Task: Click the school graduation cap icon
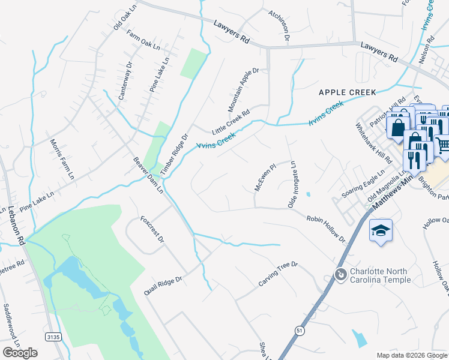[381, 231]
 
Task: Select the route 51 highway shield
[299, 331]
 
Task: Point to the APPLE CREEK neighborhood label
[347, 92]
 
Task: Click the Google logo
[20, 353]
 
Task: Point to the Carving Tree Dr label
[278, 274]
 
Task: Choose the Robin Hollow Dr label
[327, 230]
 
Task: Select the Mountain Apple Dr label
[243, 90]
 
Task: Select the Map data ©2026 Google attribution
[412, 355]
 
